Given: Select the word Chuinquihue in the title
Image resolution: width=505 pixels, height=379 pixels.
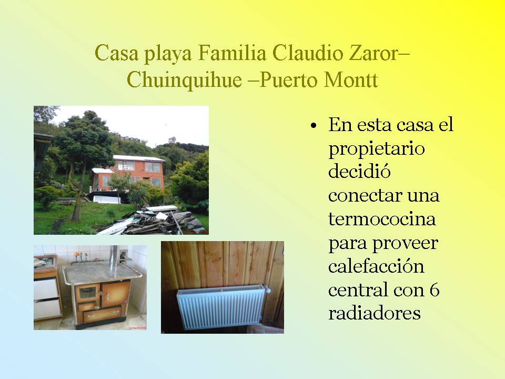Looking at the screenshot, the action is coord(184,79).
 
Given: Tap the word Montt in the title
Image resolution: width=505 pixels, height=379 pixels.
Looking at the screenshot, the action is coord(351,79).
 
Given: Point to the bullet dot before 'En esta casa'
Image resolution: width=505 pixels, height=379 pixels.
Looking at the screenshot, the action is coord(314,125).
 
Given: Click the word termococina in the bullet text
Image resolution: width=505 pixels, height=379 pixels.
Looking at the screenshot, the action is coord(382,219).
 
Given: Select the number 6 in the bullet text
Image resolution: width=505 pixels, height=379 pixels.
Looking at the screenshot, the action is coord(435,290).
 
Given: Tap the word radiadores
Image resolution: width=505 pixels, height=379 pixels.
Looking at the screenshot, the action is coord(374,313).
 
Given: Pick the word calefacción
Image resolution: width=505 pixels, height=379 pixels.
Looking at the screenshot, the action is coord(376,266).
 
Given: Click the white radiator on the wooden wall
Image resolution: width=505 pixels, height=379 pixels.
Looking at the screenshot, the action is coord(221,307).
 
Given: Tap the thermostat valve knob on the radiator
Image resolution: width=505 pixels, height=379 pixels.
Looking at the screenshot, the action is coord(267,290).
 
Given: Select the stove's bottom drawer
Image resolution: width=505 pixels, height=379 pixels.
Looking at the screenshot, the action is coord(102,314).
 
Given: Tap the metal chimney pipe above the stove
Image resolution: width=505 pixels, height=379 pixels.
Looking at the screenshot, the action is coord(114,260).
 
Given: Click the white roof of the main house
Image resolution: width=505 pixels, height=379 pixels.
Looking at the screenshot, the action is coord(138,158).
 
